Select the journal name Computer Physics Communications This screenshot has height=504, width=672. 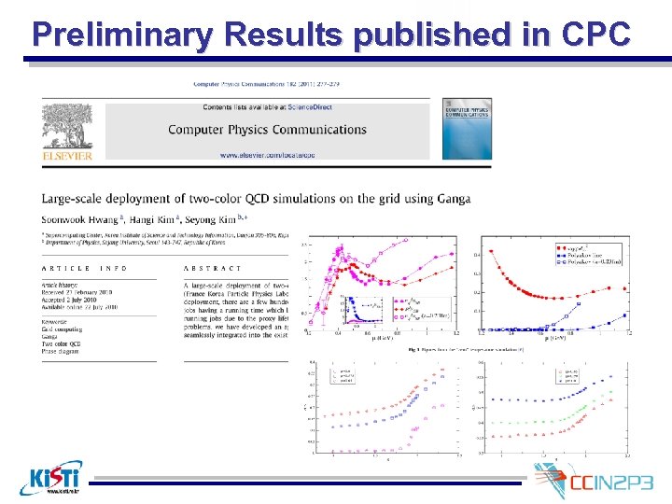point(267,129)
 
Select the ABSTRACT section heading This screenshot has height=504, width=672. point(213,268)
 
